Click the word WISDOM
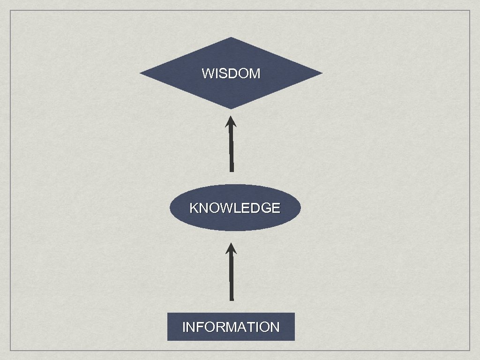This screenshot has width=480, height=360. [x=231, y=74]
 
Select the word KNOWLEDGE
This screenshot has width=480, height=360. [x=234, y=208]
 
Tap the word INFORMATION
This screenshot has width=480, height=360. [x=231, y=327]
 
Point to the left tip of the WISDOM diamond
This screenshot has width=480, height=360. [x=141, y=74]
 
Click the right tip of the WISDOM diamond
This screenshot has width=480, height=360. [x=322, y=73]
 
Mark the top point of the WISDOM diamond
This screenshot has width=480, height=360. [x=231, y=37]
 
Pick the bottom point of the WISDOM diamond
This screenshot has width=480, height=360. [x=231, y=109]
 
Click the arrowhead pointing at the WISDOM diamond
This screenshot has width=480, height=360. [x=231, y=122]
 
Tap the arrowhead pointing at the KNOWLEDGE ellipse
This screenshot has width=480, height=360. [x=231, y=248]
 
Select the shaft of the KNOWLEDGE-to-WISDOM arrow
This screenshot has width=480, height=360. [x=231, y=150]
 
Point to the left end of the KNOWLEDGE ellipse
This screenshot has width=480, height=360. [x=170, y=208]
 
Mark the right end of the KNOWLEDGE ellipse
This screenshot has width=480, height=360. [x=300, y=208]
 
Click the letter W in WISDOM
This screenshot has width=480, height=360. [x=207, y=74]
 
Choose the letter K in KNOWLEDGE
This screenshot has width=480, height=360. [x=193, y=208]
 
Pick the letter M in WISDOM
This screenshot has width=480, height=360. [x=255, y=74]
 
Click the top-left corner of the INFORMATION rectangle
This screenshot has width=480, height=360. [x=168, y=313]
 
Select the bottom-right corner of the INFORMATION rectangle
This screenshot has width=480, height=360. [x=294, y=340]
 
